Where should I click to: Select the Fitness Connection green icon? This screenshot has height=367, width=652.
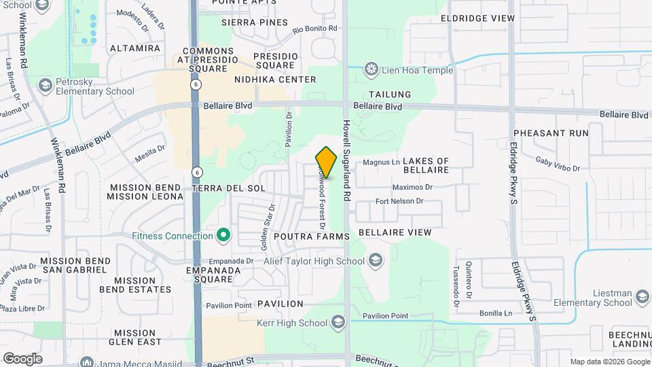coord(222,237)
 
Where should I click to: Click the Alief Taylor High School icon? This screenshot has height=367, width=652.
coord(375,260)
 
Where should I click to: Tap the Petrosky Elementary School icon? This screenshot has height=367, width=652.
coord(46,86)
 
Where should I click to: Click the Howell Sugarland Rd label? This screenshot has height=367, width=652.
coord(346,160)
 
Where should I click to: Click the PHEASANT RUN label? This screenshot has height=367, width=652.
coord(551,133)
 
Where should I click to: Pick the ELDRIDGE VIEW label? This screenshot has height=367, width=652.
coord(477,18)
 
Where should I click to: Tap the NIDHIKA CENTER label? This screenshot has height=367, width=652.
coord(275,80)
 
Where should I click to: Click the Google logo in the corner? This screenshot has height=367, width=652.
coord(22,358)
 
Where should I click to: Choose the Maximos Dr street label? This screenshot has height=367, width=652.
coord(412,187)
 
